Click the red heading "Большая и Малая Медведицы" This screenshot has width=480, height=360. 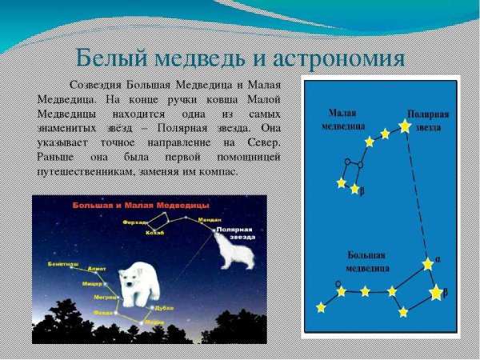click(140, 205)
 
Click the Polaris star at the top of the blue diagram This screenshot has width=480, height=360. click(404, 126)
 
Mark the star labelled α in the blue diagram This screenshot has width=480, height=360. click(428, 263)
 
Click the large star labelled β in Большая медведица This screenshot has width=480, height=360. click(435, 293)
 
